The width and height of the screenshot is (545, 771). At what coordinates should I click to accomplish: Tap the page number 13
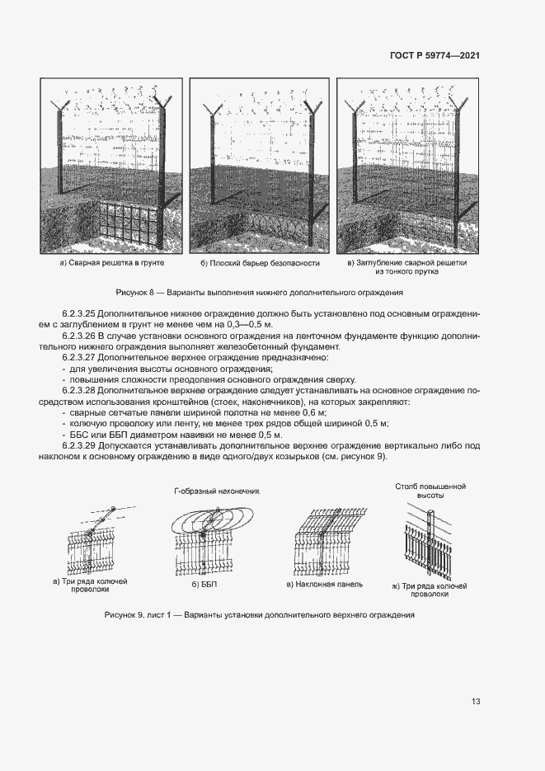coord(476,701)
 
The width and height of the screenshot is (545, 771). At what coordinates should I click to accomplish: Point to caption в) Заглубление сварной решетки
coord(406,262)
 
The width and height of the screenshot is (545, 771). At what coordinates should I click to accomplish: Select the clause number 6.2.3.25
coord(79,314)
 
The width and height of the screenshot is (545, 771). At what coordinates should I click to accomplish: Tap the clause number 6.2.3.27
coord(79,359)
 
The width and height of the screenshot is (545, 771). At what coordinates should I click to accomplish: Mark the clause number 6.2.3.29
coord(79,445)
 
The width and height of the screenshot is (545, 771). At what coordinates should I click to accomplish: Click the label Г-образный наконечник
coord(217,491)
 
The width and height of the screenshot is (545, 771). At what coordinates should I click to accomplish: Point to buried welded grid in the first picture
coord(125,223)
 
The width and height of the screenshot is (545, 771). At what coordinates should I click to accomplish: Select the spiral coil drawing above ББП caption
coord(212,522)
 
